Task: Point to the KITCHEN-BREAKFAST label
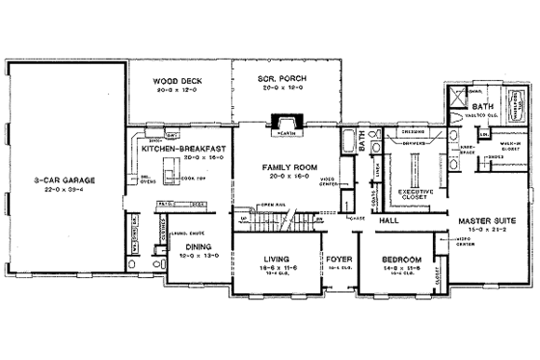point(183,149)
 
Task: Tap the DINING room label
point(198,246)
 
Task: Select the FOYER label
point(337,259)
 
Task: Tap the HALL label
point(389,221)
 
